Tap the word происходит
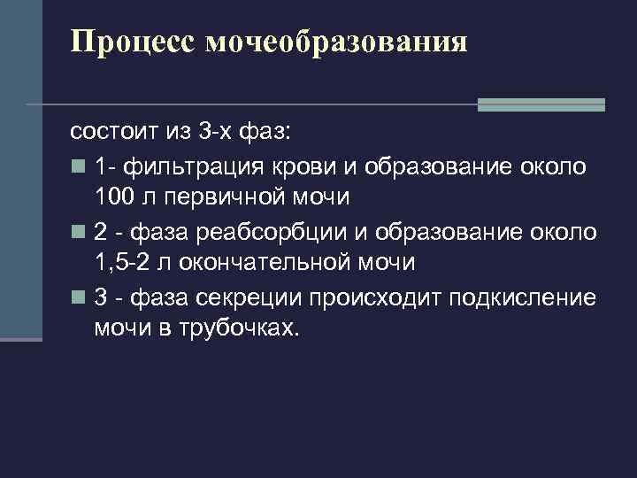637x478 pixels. click(x=378, y=297)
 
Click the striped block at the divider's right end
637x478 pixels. click(x=541, y=104)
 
